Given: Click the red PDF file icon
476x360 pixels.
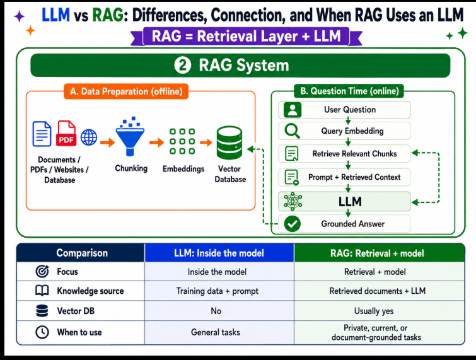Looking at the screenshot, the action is [x=66, y=133].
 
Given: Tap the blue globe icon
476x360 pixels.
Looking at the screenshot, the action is [x=89, y=137].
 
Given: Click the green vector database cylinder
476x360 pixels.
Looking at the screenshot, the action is [x=229, y=142].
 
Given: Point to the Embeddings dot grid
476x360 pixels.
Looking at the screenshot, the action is [x=182, y=141].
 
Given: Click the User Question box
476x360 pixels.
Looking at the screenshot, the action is [x=344, y=110].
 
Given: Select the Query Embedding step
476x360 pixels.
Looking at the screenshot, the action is [x=344, y=131].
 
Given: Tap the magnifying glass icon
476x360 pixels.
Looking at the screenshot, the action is [x=293, y=131].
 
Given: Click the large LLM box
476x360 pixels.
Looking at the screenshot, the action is [x=344, y=202].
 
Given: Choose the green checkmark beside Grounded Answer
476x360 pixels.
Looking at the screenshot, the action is [x=293, y=224].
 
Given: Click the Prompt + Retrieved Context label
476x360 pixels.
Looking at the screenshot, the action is [x=354, y=177].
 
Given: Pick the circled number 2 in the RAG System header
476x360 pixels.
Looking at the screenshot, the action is [x=183, y=66].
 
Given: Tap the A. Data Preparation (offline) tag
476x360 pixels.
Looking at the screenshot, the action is [x=126, y=91].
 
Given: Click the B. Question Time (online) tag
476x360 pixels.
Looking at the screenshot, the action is [x=349, y=91].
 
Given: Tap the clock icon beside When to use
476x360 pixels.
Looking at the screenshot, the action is [x=42, y=332].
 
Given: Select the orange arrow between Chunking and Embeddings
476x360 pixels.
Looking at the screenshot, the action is [x=156, y=142].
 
